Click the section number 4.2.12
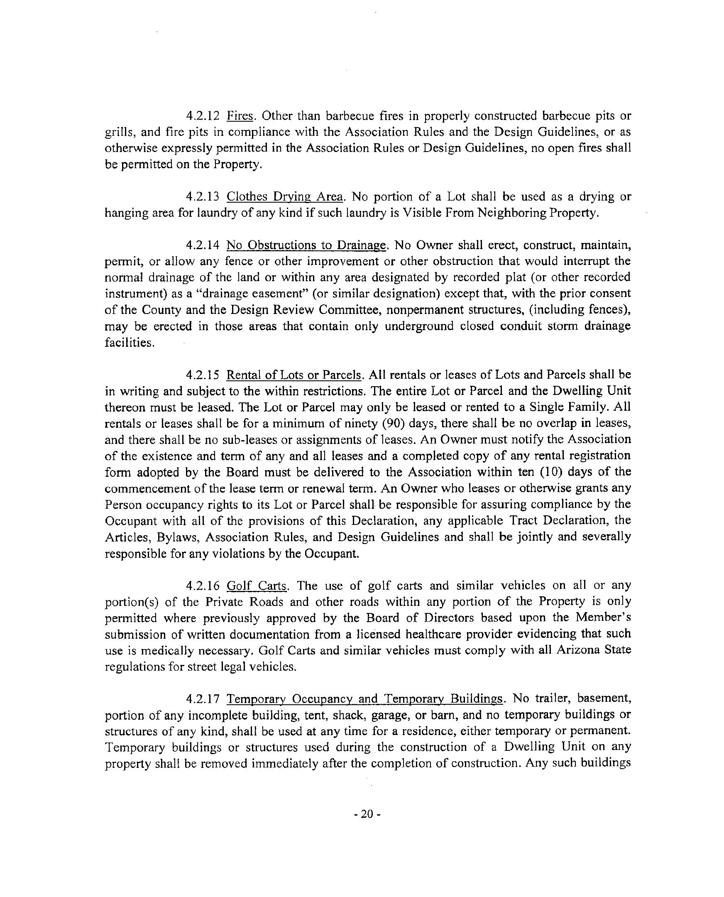coord(202,115)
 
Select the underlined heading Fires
coord(240,115)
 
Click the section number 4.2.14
coord(202,245)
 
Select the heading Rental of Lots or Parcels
coord(294,375)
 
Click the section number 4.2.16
coord(202,586)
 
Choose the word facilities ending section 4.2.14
coord(129,343)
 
